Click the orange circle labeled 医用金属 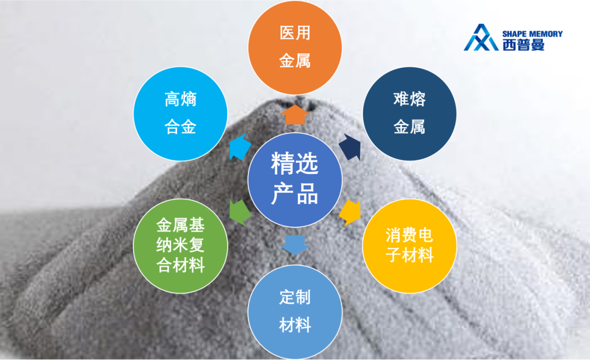pos(295,48)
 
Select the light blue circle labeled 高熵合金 pos(181,114)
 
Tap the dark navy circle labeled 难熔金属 pos(409,114)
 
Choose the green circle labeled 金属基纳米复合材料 pos(181,246)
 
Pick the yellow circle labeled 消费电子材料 pos(409,246)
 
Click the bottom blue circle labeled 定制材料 pos(295,312)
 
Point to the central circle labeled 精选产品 pos(295,180)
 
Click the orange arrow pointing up pos(295,114)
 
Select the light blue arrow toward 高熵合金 pos(239,147)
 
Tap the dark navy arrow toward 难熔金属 pos(350,147)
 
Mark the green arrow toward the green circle pos(240,213)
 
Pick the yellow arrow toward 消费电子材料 pos(350,213)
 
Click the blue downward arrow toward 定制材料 pos(295,245)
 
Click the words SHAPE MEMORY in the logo pos(533,34)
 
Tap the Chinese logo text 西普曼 pos(523,45)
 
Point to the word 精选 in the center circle pos(294,163)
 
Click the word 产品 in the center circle pos(294,194)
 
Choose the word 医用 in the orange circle pos(295,33)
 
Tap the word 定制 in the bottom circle pos(295,297)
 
